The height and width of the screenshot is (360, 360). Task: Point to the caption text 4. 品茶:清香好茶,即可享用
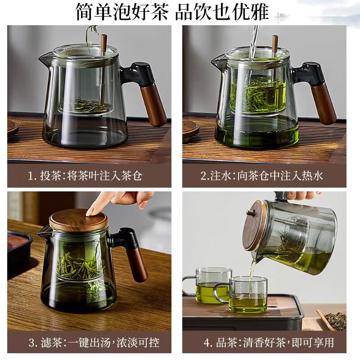coord(268,343)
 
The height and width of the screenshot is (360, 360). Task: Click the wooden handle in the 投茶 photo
coord(153,103)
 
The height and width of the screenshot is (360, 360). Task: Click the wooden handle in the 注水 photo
coord(325,103)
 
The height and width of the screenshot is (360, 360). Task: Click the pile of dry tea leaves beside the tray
coord(335,320)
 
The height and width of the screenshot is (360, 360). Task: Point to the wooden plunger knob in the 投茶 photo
coord(104,43)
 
